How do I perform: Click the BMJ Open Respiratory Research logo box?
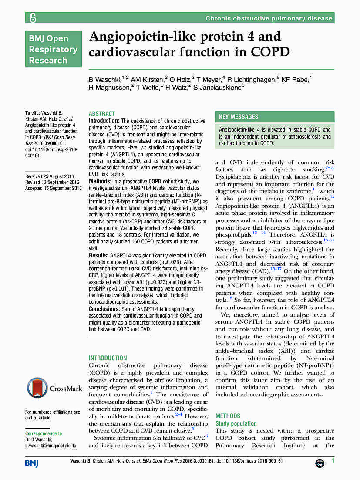[x=53, y=49]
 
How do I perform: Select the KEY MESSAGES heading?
[x=239, y=117]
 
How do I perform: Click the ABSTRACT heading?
[x=102, y=113]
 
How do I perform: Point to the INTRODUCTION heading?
[x=108, y=358]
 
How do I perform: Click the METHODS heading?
[x=228, y=416]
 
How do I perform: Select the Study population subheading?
[x=236, y=423]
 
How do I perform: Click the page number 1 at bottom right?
[x=333, y=461]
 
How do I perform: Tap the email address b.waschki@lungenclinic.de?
[x=50, y=446]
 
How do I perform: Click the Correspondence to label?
[x=44, y=433]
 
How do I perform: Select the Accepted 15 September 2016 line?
[x=54, y=188]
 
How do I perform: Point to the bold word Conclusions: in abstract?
[x=104, y=309]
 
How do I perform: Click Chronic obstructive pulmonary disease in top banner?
[x=269, y=18]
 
